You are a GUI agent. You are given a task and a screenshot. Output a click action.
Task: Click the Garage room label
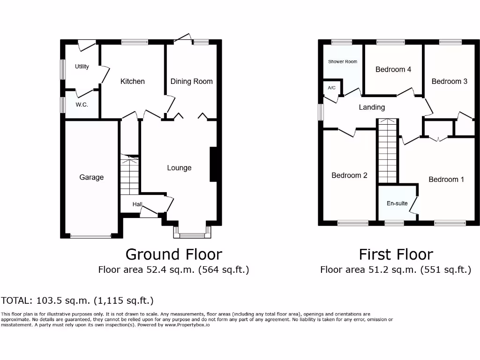(x=91, y=177)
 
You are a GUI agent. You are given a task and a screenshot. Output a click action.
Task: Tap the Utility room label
(x=82, y=67)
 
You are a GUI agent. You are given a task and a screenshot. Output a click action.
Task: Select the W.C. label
(x=82, y=105)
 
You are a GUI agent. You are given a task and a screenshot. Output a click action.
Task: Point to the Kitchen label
(x=133, y=81)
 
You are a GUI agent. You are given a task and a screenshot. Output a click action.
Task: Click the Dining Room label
(x=191, y=81)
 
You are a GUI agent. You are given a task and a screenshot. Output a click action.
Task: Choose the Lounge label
(x=179, y=168)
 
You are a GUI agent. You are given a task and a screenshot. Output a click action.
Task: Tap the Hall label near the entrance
(x=137, y=204)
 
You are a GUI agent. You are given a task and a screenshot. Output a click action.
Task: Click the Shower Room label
(x=343, y=61)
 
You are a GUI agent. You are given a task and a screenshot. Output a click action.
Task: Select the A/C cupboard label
(x=332, y=88)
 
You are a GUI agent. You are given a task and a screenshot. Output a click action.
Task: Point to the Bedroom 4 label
(x=393, y=69)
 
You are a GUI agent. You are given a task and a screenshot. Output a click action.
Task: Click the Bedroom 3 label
(x=449, y=81)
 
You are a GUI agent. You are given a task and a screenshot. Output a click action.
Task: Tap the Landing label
(x=372, y=107)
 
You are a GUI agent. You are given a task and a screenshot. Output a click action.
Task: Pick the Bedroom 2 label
(x=349, y=175)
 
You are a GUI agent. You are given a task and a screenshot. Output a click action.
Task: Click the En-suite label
(x=397, y=203)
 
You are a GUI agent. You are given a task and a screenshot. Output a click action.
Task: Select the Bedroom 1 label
(x=446, y=180)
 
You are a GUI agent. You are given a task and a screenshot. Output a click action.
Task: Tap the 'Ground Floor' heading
(x=173, y=254)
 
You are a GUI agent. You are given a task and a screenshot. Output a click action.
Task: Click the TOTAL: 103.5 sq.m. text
(x=77, y=300)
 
